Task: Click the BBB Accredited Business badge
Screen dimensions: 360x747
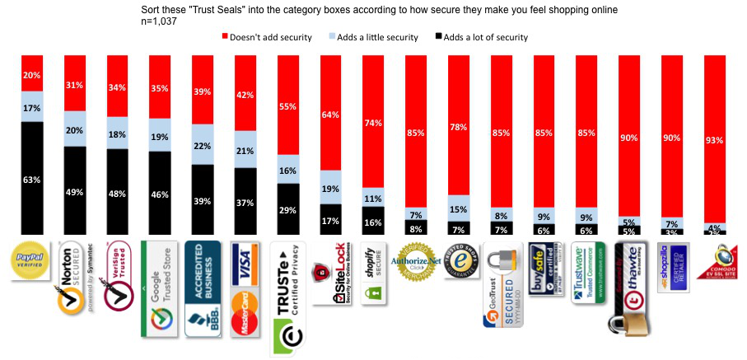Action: coord(202,287)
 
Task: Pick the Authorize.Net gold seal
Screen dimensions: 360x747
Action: coord(416,262)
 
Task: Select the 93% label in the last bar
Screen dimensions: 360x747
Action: coord(715,140)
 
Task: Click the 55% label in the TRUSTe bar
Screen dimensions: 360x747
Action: coord(287,106)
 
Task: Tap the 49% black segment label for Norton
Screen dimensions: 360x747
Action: coord(75,193)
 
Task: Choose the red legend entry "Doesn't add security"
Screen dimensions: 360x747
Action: coord(263,37)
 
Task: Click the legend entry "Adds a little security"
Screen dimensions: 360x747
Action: coord(376,37)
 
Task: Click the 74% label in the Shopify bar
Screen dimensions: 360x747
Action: coord(373,123)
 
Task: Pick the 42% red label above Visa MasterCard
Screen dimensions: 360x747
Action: coord(245,95)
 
